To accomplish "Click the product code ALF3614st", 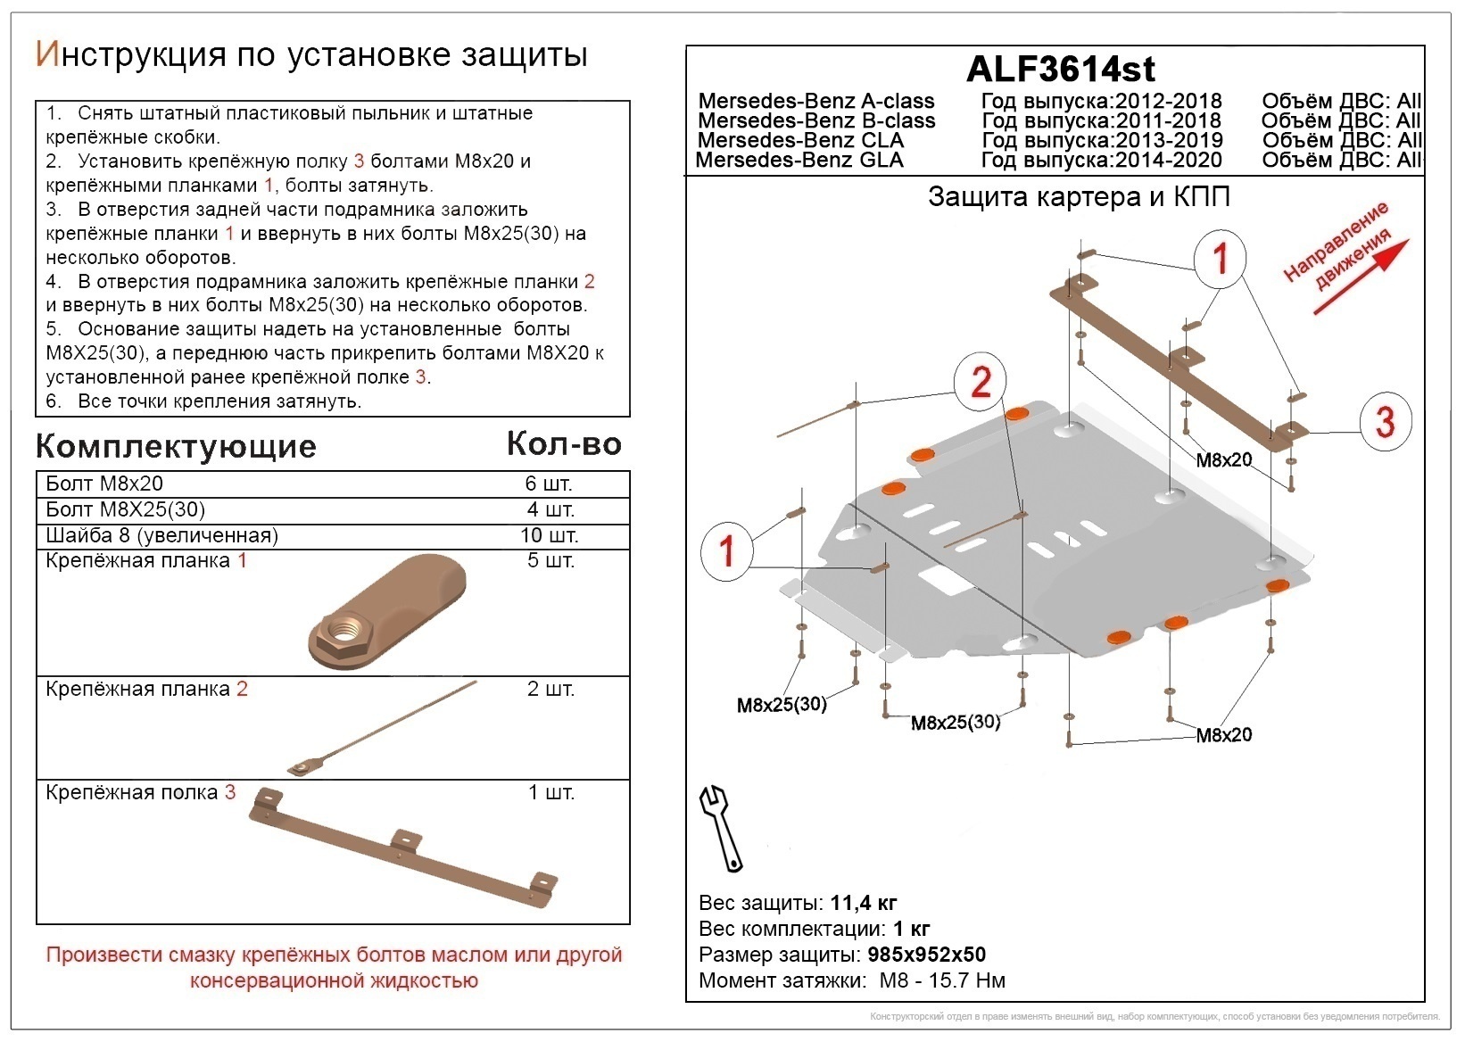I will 1060,69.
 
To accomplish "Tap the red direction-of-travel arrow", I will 1361,276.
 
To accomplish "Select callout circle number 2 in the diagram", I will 981,383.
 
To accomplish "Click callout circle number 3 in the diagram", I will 1385,422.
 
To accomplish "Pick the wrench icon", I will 721,827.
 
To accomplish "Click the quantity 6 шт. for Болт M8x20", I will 548,484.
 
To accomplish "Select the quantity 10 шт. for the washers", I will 550,536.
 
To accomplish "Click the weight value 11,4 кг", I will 863,903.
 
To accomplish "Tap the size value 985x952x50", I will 926,955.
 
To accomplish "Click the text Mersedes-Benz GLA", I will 799,161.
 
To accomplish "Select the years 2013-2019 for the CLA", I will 1168,141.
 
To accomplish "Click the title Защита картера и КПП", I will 1079,197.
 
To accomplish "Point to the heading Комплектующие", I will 176,446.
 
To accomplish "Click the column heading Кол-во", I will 564,443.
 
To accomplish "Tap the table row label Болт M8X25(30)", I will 125,510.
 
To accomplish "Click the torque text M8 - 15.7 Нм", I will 941,980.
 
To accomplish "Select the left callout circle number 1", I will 727,550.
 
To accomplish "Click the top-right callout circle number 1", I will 1221,259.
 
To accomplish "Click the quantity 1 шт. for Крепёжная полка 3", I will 550,793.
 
